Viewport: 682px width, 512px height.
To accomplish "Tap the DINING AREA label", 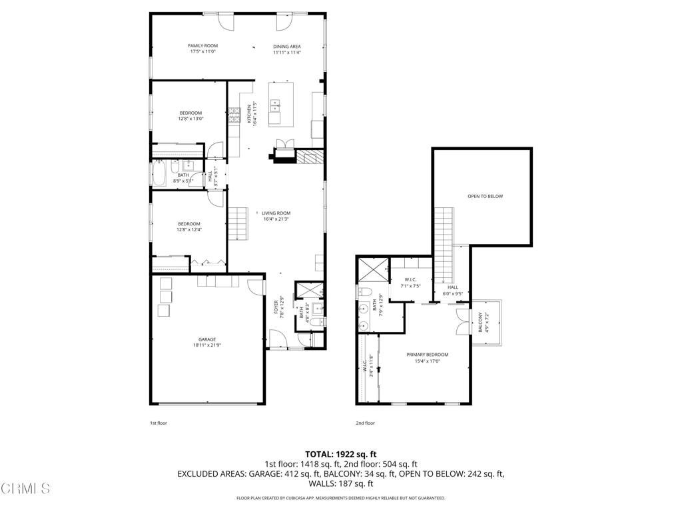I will pyautogui.click(x=287, y=46).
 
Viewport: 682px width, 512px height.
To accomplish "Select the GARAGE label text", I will pyautogui.click(x=206, y=339).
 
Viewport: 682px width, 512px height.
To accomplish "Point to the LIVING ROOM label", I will pyautogui.click(x=276, y=213).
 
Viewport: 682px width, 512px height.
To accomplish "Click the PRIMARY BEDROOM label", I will pyautogui.click(x=427, y=355).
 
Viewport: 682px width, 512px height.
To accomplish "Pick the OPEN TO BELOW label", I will pyautogui.click(x=485, y=197).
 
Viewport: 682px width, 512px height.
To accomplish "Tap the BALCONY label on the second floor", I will pyautogui.click(x=480, y=323).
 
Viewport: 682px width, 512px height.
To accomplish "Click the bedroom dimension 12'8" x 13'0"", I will pyautogui.click(x=190, y=119).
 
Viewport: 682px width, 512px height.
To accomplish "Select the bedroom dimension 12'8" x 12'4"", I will pyautogui.click(x=188, y=229).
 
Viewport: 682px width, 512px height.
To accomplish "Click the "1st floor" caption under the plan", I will pyautogui.click(x=159, y=423).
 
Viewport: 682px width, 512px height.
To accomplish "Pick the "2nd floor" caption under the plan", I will pyautogui.click(x=365, y=423).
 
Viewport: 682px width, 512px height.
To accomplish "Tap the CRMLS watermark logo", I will pyautogui.click(x=25, y=489).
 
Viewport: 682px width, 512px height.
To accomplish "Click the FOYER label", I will pyautogui.click(x=276, y=308).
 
